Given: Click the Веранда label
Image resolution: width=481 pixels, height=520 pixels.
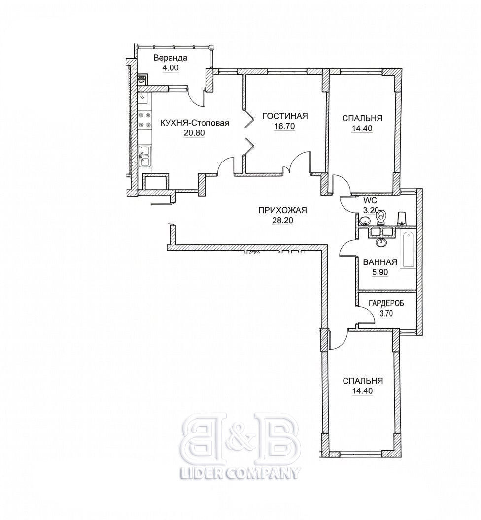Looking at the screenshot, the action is pos(171,58).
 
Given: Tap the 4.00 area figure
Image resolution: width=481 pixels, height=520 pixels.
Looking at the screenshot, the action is pos(171,68).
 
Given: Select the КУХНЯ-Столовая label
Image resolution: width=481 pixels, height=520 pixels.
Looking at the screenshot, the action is pos(195,123).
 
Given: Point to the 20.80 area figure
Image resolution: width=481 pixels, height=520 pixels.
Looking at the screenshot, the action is pos(195,133).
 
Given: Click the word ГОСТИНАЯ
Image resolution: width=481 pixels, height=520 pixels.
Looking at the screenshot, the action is pos(285,116).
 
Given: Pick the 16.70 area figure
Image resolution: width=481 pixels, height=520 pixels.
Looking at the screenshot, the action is pos(285,127).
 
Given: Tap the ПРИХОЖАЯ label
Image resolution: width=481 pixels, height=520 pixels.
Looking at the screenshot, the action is pos(283,210).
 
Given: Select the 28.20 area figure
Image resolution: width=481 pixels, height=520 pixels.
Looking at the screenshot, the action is pos(283,220).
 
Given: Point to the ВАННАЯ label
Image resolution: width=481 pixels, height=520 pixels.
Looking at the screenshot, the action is pos(380,262).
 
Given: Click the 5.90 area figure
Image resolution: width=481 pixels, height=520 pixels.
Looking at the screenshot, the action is pos(380,272).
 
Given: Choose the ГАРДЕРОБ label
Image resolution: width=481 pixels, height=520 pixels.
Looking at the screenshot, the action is pos(386,303).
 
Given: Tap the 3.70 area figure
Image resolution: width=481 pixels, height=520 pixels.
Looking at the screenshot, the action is pos(386,313).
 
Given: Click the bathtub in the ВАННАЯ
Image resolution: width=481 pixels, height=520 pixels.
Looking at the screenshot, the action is pos(408,251).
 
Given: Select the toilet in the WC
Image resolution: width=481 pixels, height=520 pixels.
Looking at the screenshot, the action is pos(380,217).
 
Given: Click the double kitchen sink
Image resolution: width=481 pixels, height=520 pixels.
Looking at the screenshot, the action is pos(145,156).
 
